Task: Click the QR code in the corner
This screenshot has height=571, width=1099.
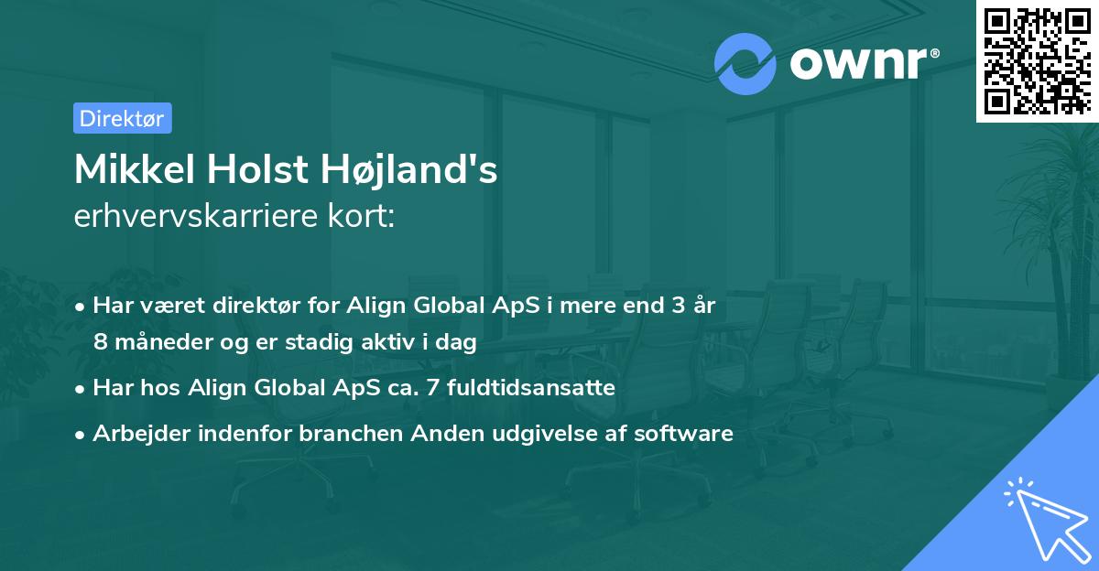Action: coord(1037,60)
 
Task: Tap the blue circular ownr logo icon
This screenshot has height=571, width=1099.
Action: coord(745,62)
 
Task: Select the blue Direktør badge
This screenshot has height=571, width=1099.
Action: coord(122,118)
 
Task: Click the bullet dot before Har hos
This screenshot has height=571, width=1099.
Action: coord(82,389)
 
